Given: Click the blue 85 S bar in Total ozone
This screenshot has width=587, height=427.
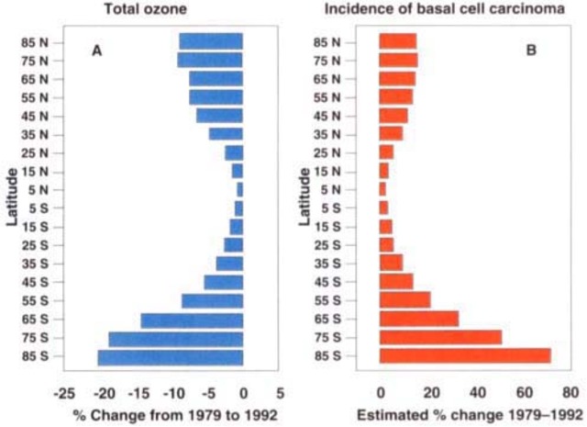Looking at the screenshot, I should point(171,356).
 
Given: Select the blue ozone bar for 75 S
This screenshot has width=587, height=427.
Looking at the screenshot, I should point(176,338).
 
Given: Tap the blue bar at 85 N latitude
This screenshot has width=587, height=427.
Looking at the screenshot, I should point(211,41).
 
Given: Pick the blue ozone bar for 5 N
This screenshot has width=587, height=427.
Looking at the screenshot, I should point(240,189).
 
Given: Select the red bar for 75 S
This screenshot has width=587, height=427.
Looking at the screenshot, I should point(441,338).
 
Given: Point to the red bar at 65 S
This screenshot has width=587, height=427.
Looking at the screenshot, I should point(419,320).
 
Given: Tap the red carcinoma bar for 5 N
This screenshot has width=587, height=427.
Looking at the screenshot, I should point(383,189).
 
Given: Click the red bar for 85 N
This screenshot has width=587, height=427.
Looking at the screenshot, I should point(398,41).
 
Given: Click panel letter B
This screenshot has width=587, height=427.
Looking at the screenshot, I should point(530,51).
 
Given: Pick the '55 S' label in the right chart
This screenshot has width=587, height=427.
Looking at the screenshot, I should point(327,301).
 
